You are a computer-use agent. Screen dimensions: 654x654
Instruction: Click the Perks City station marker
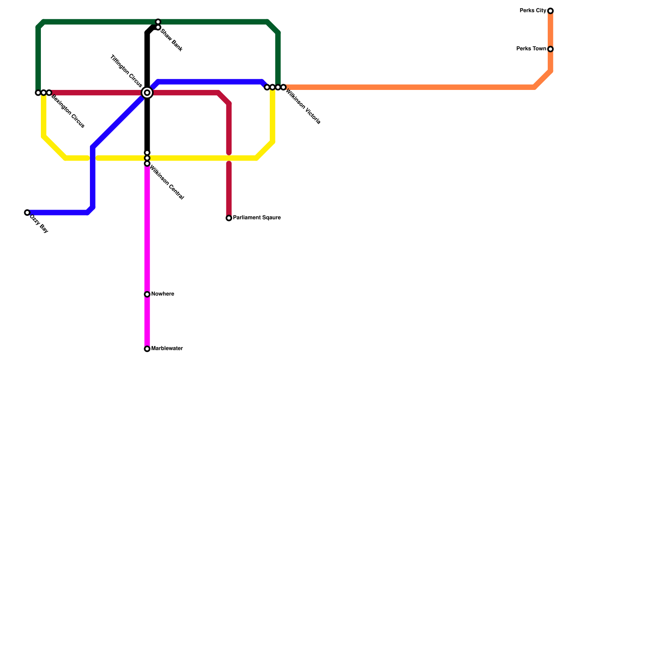(x=551, y=11)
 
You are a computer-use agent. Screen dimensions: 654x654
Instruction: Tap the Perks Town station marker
(x=551, y=49)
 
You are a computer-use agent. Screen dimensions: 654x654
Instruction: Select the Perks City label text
(x=533, y=11)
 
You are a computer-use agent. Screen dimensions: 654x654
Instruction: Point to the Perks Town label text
(x=531, y=49)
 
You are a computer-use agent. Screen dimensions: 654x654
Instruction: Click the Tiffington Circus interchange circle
(x=147, y=93)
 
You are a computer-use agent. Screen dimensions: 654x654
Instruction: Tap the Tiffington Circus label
(x=126, y=71)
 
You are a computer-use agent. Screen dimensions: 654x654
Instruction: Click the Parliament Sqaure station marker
(x=229, y=218)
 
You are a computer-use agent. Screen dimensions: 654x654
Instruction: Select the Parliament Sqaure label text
(x=257, y=218)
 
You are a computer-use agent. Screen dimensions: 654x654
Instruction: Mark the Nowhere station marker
(x=147, y=294)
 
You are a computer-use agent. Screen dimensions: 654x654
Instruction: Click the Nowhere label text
(x=163, y=294)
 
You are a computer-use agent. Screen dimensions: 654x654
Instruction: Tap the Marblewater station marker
(x=147, y=349)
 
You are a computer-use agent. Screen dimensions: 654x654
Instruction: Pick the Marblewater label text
(x=167, y=349)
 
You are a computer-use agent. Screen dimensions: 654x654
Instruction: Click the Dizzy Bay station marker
(x=27, y=213)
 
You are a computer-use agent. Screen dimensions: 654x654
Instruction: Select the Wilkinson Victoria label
(x=303, y=107)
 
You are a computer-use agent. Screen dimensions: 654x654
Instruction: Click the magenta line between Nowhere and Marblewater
(x=147, y=322)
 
